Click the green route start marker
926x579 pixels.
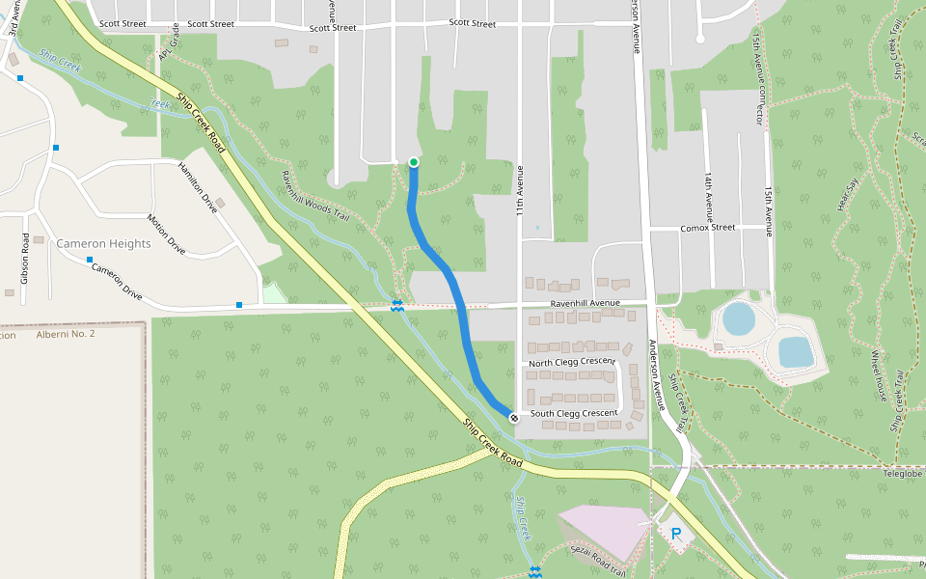[413, 162]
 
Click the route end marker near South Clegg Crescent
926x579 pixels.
[514, 418]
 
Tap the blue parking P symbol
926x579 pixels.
[676, 534]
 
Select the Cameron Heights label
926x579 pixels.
[103, 243]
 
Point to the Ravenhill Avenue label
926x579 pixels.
[585, 303]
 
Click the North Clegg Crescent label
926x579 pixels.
[572, 362]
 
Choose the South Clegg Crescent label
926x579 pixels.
[574, 413]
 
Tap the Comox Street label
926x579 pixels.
[708, 228]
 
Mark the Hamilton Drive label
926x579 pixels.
[198, 188]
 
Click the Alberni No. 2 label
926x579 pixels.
[66, 334]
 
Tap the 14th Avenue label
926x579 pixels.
[708, 198]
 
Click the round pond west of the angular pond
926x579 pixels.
[738, 318]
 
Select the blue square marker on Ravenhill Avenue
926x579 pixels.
[239, 305]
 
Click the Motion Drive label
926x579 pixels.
[165, 234]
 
